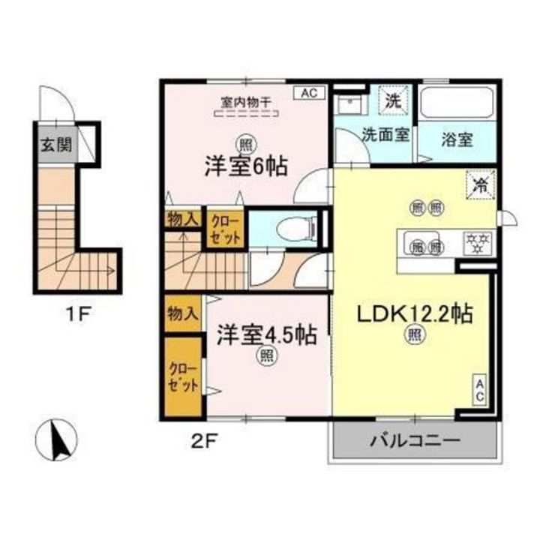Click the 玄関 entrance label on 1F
point(56,144)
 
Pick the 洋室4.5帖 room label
point(266,335)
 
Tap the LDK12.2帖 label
point(415,313)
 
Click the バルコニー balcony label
point(415,440)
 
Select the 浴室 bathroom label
point(457,139)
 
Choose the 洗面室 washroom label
point(385,134)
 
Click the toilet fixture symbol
point(297,229)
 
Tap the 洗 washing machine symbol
point(393,100)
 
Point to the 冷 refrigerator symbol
point(481,186)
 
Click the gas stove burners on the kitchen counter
point(478,242)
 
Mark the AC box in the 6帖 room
point(309,93)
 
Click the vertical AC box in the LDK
point(480,389)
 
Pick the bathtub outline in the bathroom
point(457,103)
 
